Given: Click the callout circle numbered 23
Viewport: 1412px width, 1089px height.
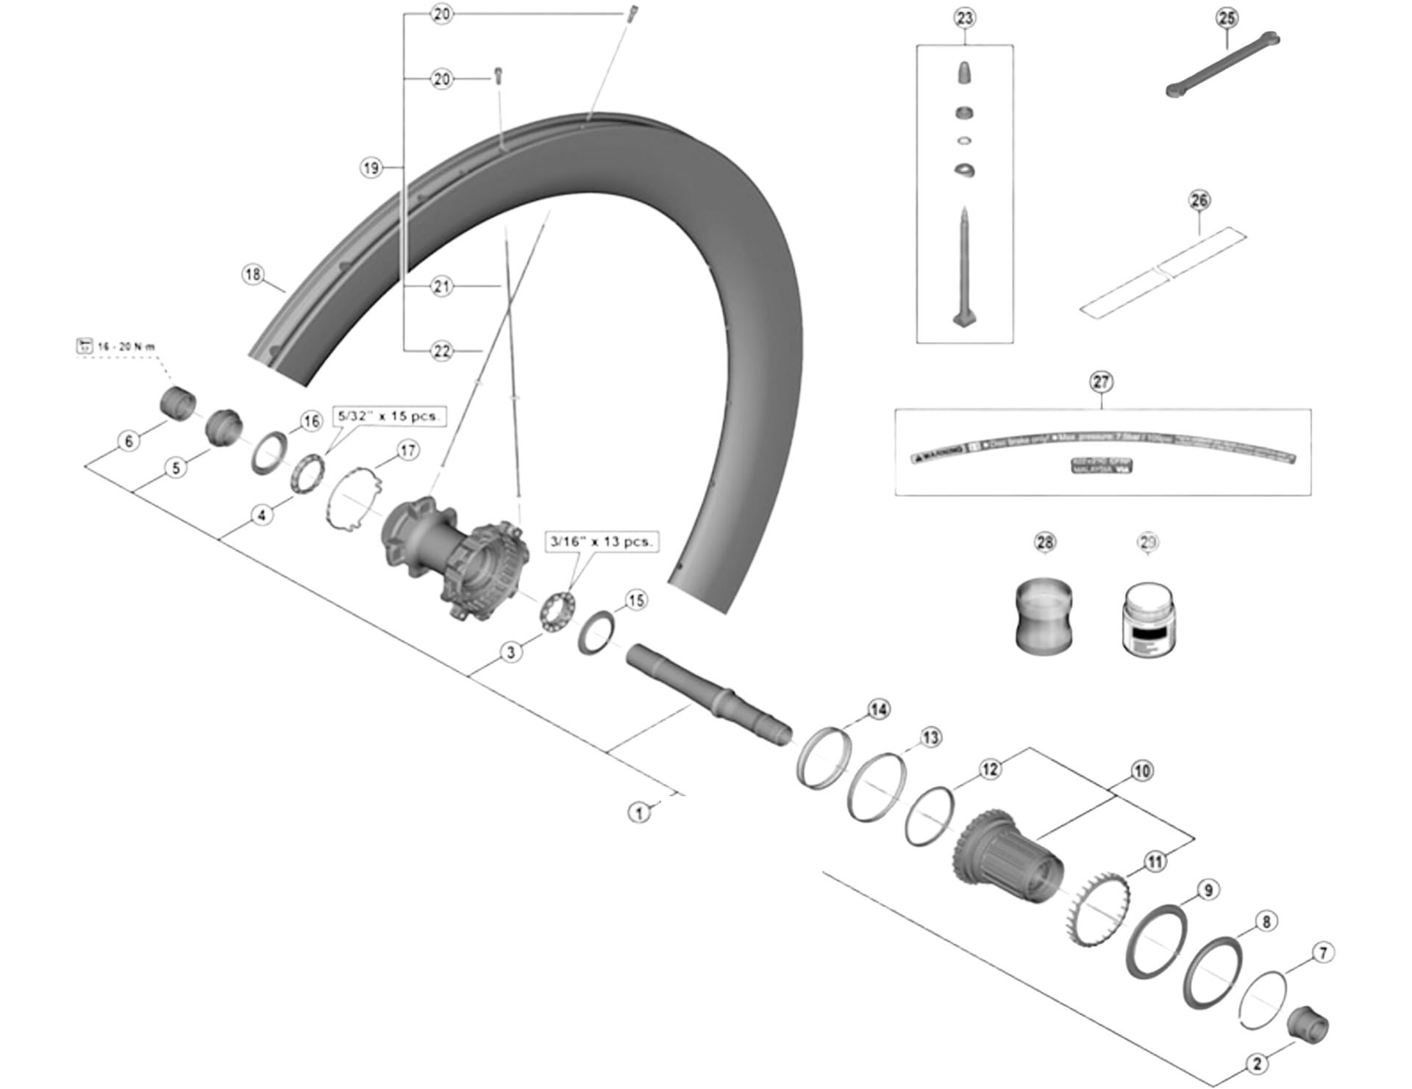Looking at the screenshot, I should tap(964, 18).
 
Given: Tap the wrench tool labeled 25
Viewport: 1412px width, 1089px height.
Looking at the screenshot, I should tap(1222, 65).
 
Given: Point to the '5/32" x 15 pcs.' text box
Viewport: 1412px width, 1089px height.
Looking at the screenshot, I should tap(388, 416).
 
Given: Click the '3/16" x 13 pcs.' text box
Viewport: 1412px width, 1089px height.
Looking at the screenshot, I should tap(601, 542).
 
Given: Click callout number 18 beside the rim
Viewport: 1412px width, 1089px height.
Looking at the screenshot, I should tap(253, 274).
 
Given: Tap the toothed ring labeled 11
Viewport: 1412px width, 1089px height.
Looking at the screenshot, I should tap(1097, 908).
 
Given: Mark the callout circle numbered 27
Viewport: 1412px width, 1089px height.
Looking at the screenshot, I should tap(1101, 382).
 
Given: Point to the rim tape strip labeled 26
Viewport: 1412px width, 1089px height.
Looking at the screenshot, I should tap(1163, 272).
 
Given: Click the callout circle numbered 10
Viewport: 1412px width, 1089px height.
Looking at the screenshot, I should tap(1141, 771).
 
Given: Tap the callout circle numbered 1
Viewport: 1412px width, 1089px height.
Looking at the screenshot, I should tap(639, 813).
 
